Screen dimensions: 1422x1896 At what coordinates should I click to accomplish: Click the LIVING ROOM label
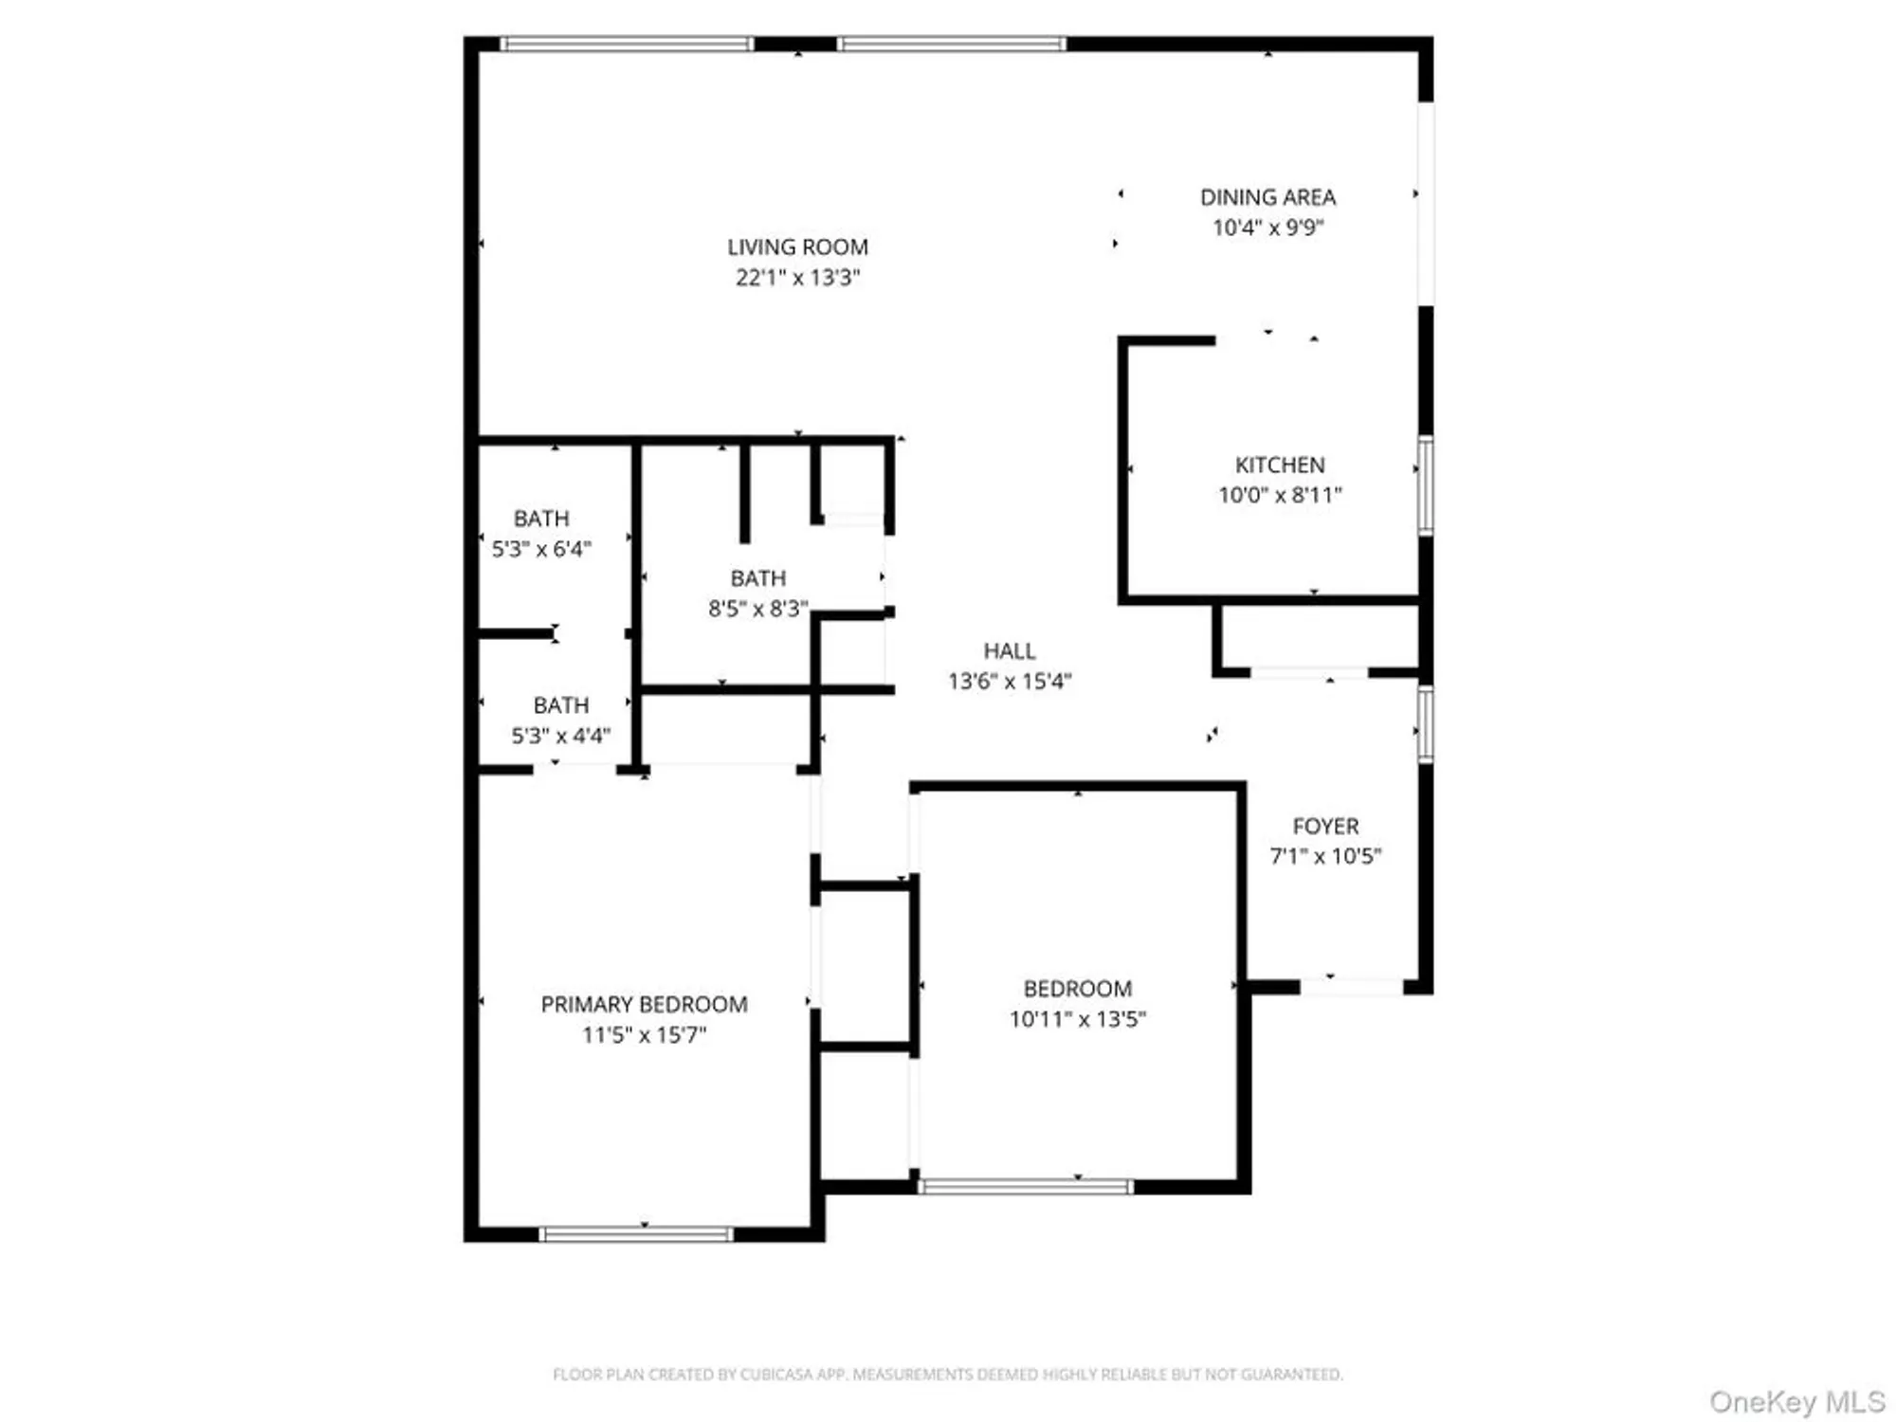coord(797,247)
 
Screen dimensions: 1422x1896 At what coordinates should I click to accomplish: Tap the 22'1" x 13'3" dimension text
coord(797,278)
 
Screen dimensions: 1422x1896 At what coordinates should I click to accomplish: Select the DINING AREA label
coord(1267,197)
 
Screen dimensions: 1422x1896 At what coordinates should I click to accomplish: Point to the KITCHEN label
coord(1280,465)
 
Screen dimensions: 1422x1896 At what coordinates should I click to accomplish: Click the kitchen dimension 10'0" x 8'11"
coord(1280,495)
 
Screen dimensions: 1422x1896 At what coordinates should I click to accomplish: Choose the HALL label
coord(1010,650)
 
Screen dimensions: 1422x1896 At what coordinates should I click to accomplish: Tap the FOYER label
coord(1325,826)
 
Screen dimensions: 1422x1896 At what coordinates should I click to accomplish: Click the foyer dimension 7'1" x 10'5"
coord(1325,856)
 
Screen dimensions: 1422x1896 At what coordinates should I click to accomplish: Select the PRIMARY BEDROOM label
coord(644,1004)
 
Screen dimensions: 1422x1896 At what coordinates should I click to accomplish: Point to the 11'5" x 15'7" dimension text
coord(644,1034)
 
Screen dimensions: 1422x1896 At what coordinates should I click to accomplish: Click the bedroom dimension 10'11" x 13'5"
coord(1078,1019)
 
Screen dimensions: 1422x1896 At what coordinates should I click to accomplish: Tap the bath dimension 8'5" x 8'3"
coord(758,609)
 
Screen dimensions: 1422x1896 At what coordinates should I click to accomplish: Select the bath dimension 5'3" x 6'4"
coord(541,549)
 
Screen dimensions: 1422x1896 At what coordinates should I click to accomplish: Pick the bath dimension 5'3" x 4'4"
coord(561,736)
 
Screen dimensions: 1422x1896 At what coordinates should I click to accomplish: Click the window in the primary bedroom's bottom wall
coord(636,1233)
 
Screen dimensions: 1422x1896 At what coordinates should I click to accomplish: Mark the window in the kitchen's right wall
coord(1425,484)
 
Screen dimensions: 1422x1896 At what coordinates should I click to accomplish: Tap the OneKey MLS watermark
coord(1796,1401)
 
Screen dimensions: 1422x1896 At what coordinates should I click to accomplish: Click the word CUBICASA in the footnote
coord(776,1374)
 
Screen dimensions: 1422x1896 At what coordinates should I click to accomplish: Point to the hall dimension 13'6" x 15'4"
coord(1010,681)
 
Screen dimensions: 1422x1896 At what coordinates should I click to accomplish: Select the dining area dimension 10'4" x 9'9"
coord(1267,228)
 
